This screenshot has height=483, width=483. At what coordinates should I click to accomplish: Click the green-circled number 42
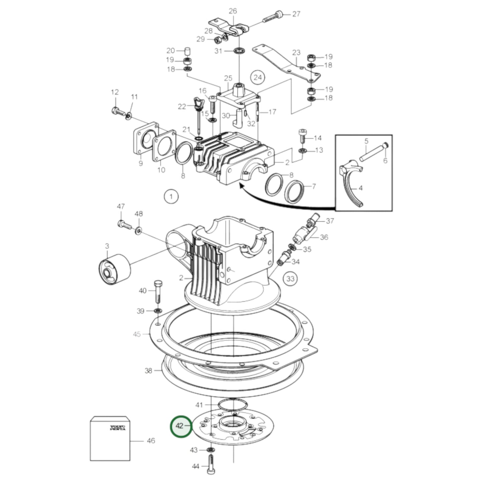(x=181, y=426)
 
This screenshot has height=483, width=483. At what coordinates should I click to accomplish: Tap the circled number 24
(x=258, y=78)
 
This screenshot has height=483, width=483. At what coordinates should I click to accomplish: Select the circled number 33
(x=290, y=278)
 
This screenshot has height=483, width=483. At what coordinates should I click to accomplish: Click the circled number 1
(x=171, y=196)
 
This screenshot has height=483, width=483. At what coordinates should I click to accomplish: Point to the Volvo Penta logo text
(x=118, y=428)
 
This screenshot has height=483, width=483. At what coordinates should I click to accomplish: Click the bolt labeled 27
(x=272, y=17)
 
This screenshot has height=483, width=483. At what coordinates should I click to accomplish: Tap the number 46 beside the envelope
(x=151, y=441)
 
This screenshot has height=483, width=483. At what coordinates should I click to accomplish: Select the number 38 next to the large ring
(x=148, y=371)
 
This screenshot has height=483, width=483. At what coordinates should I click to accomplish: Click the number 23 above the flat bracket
(x=296, y=53)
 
